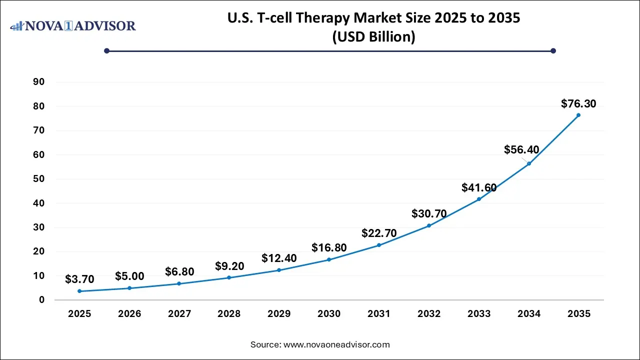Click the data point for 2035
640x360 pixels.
578,115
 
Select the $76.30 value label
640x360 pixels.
578,104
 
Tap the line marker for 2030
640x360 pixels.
329,259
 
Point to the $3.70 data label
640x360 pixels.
79,279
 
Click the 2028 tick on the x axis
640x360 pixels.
229,314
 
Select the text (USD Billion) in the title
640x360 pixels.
373,37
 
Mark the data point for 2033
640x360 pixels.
478,199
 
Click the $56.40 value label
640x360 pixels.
521,149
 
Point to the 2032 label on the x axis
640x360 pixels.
429,314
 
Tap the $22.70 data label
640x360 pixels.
378,233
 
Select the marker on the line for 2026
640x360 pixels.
129,288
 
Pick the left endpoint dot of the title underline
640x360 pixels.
106,50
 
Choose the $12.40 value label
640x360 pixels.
279,258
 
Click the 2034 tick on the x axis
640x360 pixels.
528,314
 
